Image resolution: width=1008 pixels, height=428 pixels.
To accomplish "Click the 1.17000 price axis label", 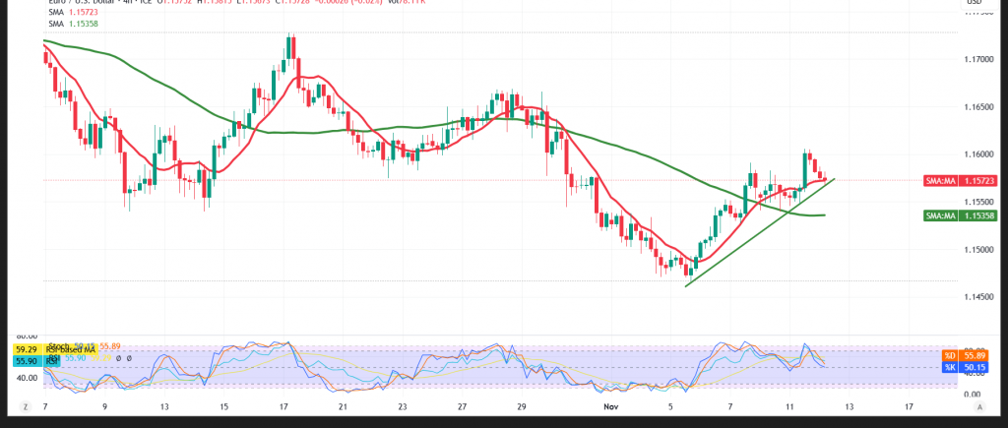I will point(978,60).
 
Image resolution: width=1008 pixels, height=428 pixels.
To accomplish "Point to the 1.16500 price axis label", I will point(978,107).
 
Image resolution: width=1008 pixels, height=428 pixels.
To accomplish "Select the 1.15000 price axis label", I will point(978,249).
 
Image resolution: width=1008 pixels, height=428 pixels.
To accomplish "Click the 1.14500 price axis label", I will point(978,296).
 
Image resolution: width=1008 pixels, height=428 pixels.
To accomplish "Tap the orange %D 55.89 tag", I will point(962,355).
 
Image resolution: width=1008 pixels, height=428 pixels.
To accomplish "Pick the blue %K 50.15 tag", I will point(962,368).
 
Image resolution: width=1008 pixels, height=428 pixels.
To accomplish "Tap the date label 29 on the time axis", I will point(523,405).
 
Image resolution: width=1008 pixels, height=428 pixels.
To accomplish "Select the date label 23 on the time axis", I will point(402,405).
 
